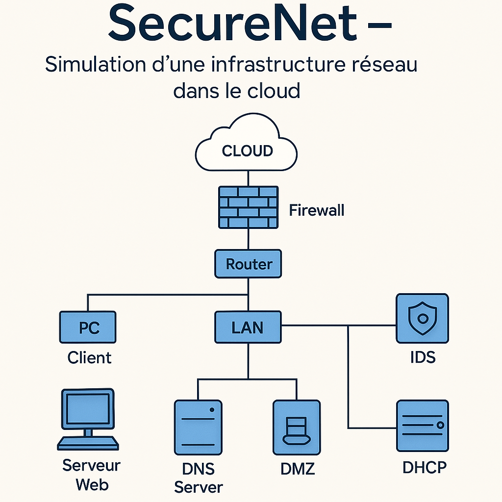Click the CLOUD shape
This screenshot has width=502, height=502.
(247, 147)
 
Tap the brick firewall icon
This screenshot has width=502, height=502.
(248, 206)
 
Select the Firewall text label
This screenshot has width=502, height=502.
(316, 210)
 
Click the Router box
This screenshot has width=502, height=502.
(248, 264)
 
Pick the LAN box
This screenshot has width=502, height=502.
(248, 327)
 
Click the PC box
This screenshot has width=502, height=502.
(88, 327)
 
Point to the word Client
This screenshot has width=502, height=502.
(89, 357)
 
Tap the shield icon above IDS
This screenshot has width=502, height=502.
(422, 318)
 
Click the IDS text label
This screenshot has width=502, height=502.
(423, 357)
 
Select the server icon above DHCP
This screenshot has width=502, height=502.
(422, 425)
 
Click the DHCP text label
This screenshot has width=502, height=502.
(425, 467)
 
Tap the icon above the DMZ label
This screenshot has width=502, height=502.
(297, 427)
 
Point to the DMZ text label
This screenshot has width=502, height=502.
(298, 469)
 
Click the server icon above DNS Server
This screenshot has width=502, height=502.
(198, 427)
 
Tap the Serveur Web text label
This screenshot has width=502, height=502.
(92, 475)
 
